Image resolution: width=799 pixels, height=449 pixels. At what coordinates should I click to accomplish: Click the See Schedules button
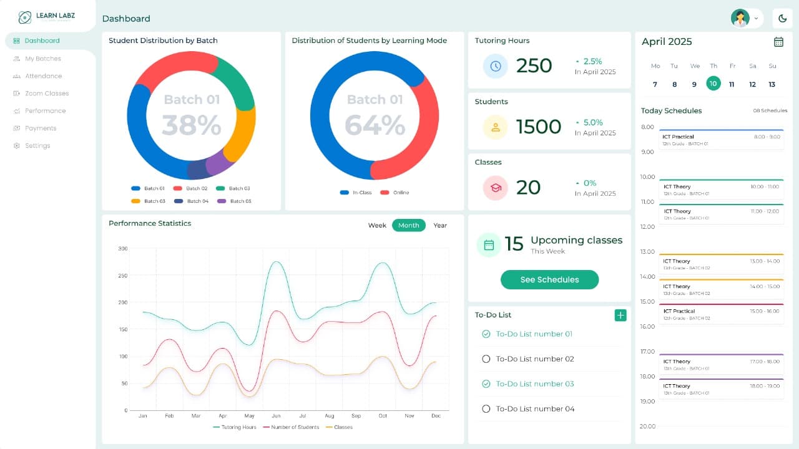point(549,279)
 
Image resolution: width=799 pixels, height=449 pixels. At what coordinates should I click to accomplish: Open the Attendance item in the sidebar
point(43,76)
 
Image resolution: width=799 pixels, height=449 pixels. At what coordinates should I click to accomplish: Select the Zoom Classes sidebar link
point(47,94)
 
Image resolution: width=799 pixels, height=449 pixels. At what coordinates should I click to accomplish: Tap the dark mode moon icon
point(782,19)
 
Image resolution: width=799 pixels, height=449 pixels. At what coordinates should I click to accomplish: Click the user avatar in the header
point(740,18)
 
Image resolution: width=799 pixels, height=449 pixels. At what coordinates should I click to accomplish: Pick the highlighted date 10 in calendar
point(713,84)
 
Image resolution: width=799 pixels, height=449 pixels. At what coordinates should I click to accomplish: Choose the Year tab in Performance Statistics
point(440,225)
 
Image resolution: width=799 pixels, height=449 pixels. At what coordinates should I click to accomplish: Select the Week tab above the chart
point(377,225)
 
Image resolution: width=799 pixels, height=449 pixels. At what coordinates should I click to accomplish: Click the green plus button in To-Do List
point(620,316)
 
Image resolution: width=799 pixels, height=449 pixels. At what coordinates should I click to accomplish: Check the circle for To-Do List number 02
point(486,359)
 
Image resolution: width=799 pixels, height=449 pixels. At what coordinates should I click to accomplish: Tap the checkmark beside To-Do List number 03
point(486,384)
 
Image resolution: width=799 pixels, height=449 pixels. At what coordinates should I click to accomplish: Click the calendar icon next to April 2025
point(778,42)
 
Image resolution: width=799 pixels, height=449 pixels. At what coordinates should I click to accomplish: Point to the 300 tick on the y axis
point(122,249)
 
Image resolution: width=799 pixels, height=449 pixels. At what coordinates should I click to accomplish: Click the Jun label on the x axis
point(276,416)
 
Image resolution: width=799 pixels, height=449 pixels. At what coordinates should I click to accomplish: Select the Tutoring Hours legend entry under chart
point(235,427)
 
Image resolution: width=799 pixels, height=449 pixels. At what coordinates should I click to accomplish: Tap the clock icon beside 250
point(496,65)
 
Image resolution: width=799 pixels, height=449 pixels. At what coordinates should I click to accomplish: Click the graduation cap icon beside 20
point(496,188)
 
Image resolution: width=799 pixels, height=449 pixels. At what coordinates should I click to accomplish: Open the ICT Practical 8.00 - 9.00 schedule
point(721,140)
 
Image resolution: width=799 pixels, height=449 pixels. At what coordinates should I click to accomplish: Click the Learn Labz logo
point(47,17)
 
